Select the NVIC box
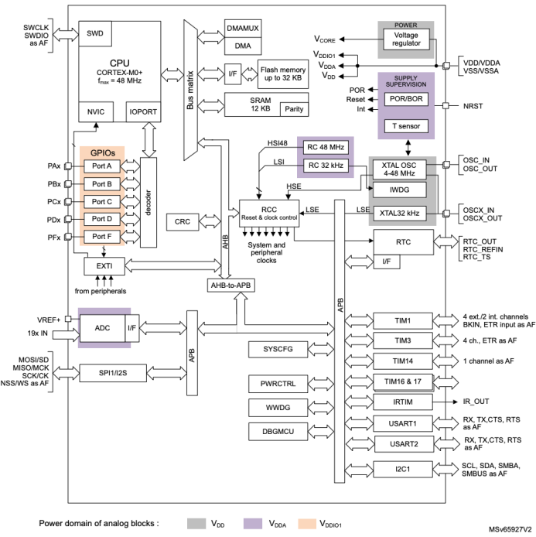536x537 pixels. point(97,112)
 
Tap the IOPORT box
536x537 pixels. point(142,112)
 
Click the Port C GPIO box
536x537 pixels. point(102,201)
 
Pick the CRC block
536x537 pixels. point(183,221)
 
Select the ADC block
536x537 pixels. point(102,329)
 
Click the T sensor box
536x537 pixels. point(406,125)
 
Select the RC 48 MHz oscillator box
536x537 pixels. point(326,147)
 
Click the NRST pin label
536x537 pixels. point(473,106)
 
